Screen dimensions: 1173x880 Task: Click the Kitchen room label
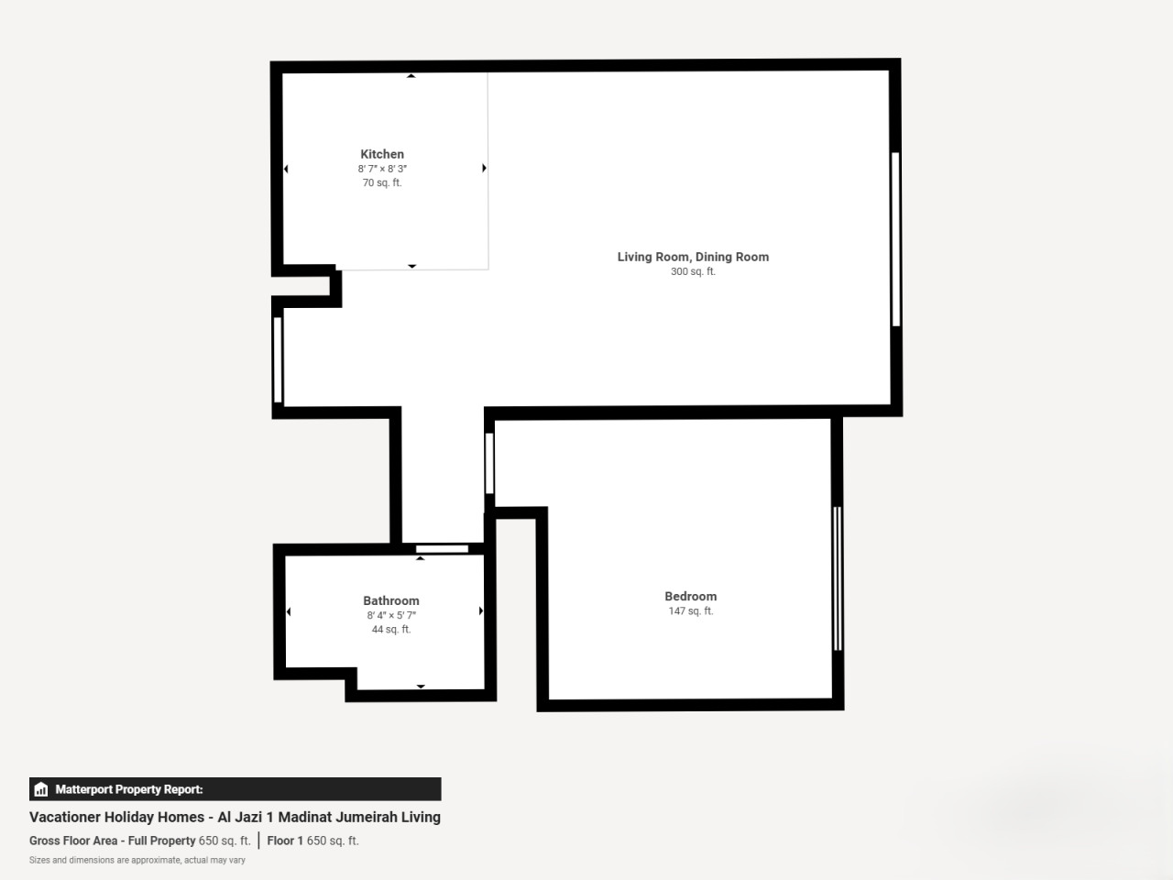coord(382,154)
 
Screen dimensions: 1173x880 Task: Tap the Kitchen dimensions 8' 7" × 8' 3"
coord(382,169)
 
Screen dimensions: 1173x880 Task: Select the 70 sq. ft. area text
coord(382,182)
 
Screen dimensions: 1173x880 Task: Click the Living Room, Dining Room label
coord(693,257)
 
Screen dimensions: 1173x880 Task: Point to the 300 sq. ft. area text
coord(693,271)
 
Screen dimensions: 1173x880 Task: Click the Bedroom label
coord(691,596)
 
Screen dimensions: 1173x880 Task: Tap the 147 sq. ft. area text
coord(691,610)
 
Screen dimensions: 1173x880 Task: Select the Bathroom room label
coord(391,601)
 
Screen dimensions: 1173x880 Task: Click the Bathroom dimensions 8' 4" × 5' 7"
coord(391,615)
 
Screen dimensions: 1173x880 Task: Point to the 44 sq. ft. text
coord(391,630)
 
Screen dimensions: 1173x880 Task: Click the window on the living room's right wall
coord(896,239)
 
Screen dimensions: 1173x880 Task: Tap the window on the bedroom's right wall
coord(838,578)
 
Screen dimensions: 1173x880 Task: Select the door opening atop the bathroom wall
coord(442,549)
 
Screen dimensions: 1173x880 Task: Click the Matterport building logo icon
coord(41,789)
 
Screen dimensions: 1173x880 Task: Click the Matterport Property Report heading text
coord(129,789)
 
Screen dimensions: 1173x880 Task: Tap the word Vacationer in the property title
coord(63,817)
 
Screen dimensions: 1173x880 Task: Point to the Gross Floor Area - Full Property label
coord(112,841)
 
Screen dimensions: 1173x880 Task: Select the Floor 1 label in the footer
coord(285,841)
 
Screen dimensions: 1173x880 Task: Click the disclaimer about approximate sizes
coord(137,860)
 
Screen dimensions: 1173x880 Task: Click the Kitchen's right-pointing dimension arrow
coord(484,168)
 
